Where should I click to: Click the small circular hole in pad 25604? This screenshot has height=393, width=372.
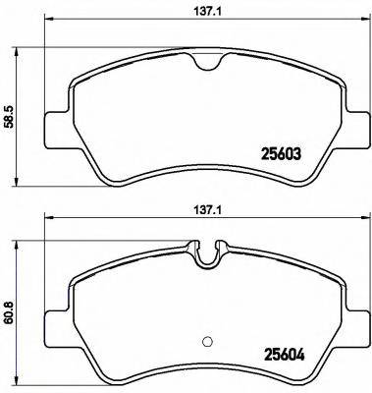coord(205,342)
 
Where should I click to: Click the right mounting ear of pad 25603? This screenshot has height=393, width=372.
coord(351,125)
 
